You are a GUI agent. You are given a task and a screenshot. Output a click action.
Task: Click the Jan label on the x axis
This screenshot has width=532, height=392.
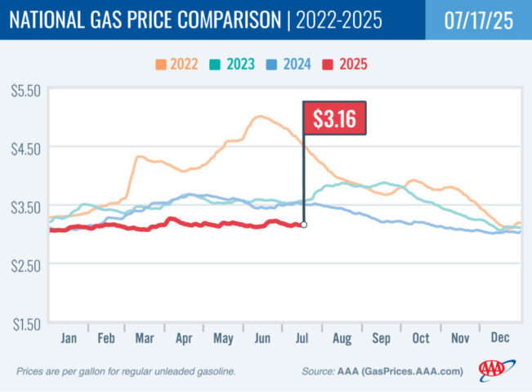[x=69, y=336]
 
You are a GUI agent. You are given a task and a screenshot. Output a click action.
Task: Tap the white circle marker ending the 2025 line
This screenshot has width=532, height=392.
[x=304, y=225]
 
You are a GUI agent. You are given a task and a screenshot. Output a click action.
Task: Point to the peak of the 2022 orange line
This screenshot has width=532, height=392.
[x=259, y=117]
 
